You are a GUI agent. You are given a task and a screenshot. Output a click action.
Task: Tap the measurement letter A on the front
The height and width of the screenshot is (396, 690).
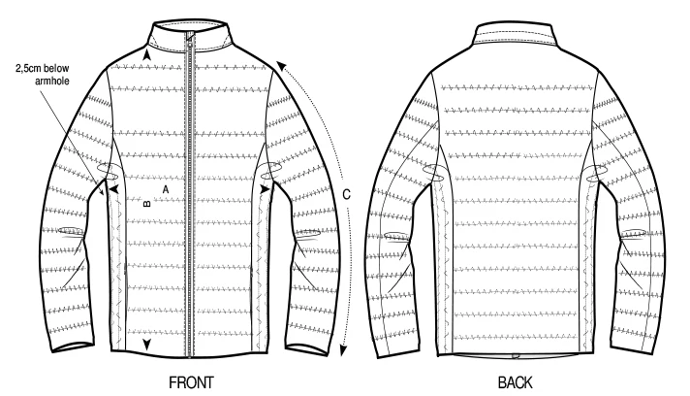coord(167,187)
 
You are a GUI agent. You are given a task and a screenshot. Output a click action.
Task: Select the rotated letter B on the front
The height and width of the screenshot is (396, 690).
coord(146,204)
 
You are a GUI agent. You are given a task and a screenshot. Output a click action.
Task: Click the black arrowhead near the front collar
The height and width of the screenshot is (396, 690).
coord(146,59)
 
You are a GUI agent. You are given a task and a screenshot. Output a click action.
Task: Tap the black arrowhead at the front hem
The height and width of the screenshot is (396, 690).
coord(146,345)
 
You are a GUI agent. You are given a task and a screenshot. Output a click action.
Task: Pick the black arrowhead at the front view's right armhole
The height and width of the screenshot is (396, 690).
coord(262,194)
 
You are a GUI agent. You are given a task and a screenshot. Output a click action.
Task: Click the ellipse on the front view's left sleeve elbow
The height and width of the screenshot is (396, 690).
coord(72,231)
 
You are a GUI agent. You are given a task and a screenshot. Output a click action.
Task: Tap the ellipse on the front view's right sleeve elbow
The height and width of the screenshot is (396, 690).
coord(309,233)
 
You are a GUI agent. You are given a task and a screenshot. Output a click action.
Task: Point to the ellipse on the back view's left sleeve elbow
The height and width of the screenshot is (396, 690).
coord(398,236)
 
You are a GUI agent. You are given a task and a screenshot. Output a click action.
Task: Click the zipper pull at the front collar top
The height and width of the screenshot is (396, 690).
coord(192,38)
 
